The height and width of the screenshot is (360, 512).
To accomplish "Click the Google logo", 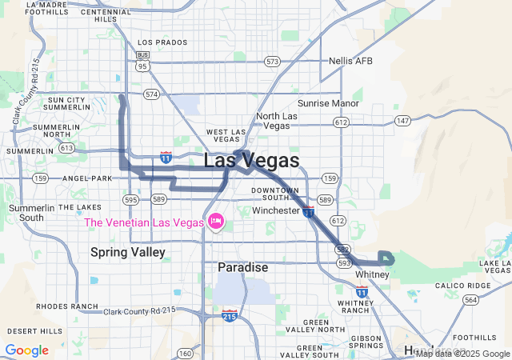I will click(26, 350).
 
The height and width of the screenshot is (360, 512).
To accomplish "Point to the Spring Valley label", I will click(127, 252).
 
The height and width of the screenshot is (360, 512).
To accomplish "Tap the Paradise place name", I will click(242, 267).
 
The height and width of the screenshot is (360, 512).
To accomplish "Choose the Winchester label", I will click(275, 210).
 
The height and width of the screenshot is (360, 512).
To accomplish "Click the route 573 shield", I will click(273, 61).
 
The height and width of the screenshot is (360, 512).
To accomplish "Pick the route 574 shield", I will click(151, 94).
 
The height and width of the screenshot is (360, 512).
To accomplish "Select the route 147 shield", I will click(402, 121).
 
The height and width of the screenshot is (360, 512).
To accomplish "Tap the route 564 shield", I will click(471, 300).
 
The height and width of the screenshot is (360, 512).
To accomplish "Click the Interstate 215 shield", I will click(230, 315).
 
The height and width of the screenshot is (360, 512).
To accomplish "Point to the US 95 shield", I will click(142, 66).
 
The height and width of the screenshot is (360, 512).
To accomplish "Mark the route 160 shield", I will click(185, 353).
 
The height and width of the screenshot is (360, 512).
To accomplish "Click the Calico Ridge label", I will click(462, 286).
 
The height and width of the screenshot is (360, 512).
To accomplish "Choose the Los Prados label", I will click(162, 42).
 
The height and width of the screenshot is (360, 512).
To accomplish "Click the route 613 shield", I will click(66, 148).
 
